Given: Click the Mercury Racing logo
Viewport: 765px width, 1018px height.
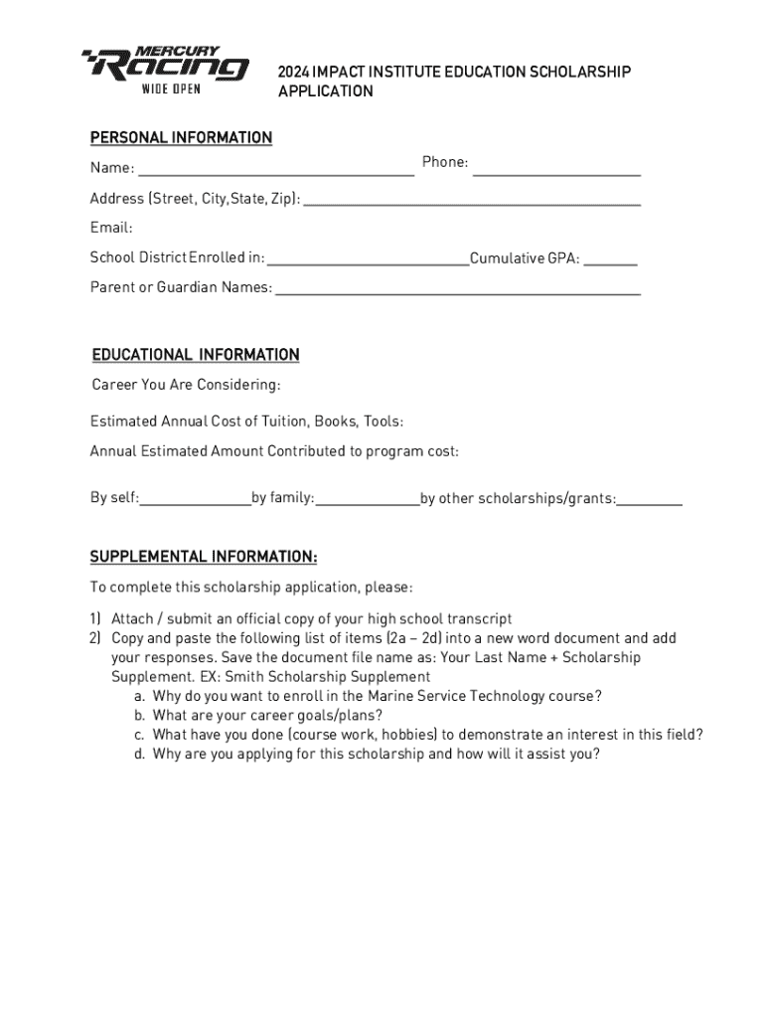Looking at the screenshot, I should [165, 66].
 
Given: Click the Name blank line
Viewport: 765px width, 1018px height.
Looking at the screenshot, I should [275, 173].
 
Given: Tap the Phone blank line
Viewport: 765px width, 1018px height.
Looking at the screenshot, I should [556, 173].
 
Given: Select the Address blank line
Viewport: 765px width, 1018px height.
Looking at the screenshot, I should [471, 203].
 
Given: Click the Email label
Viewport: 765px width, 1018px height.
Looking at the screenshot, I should [111, 228].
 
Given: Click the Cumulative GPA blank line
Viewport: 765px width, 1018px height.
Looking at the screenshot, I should [610, 264].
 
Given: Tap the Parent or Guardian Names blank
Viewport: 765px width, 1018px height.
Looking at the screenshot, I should [457, 293].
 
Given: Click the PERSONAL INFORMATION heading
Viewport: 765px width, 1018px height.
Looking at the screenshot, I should [181, 137].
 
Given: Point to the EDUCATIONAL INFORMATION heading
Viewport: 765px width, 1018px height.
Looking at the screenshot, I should [196, 355].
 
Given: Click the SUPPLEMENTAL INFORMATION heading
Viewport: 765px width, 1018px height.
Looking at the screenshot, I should [204, 557].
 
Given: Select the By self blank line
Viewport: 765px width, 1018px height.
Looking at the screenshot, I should [195, 504].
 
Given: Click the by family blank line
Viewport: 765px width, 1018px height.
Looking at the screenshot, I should [368, 504].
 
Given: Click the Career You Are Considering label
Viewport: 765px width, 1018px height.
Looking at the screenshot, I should [187, 385].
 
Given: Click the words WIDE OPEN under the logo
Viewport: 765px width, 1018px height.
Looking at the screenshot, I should [171, 89].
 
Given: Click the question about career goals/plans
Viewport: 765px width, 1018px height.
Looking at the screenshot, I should [268, 716].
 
